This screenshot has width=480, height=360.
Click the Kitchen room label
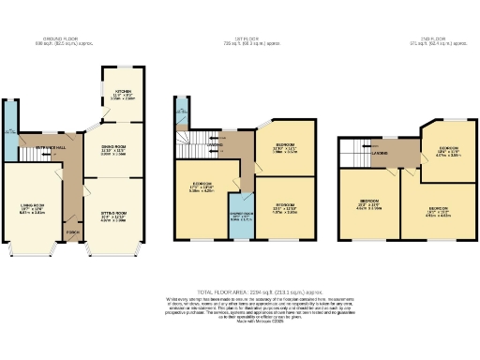coord(124,92)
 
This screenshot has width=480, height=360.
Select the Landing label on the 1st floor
coord(218,146)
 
